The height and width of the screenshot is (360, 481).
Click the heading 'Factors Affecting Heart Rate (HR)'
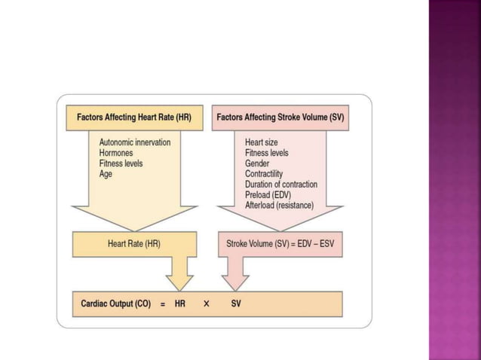134,117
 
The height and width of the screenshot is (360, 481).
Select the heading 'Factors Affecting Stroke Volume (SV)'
280,117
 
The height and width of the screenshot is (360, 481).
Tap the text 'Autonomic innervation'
135,142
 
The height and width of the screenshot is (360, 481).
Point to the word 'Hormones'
118,153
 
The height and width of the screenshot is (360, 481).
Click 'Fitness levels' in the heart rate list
121,163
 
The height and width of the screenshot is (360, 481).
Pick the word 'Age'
106,174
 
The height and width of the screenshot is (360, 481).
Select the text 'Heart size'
262,142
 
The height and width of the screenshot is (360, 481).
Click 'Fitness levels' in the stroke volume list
267,153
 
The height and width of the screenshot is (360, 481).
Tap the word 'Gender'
258,163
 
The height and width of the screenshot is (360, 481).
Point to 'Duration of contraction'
281,185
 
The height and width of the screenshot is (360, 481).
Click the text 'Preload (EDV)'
268,195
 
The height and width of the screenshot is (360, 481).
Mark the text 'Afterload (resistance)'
279,206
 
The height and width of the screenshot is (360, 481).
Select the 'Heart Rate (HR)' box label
134,244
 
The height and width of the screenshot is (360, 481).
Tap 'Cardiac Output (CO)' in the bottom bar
116,304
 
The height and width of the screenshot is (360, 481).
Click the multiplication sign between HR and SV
206,304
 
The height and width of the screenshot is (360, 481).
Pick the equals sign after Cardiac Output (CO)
163,304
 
